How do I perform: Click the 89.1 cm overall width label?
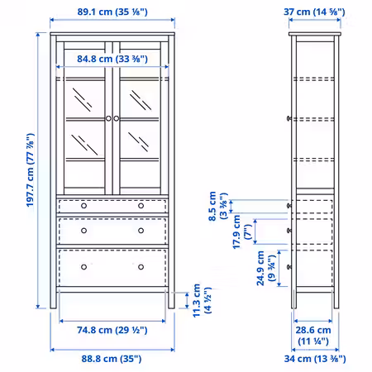[112, 12]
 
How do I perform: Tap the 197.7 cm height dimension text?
[31, 170]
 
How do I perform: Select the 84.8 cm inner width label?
[112, 59]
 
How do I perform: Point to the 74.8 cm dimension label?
[112, 330]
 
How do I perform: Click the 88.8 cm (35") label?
[112, 359]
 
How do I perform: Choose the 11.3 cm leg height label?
[202, 300]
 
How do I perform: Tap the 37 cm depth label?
[314, 12]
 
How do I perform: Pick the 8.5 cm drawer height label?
[218, 206]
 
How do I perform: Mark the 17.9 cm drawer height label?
[242, 232]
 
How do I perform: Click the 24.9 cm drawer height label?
[266, 268]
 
